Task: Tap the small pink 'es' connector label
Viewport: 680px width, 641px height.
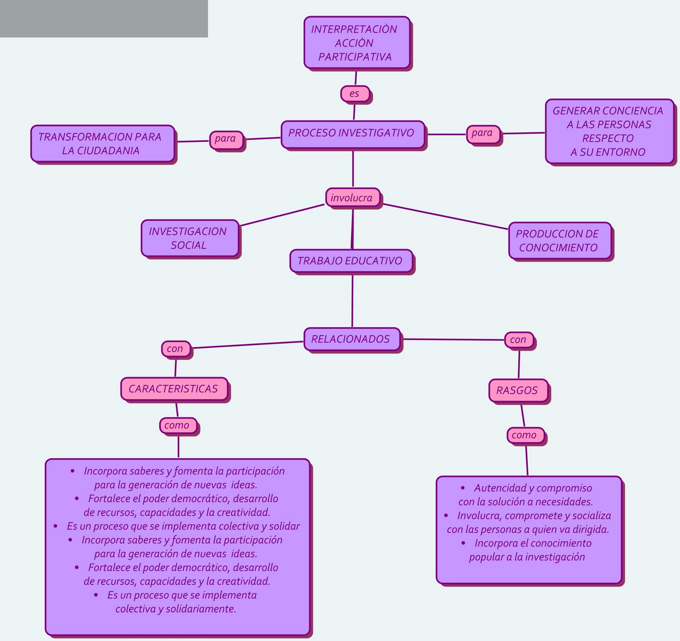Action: point(355,94)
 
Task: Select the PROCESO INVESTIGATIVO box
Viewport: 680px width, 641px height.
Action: point(352,134)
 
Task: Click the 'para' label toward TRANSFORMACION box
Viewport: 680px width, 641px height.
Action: point(226,139)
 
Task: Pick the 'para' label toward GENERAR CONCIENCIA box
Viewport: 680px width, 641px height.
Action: point(483,133)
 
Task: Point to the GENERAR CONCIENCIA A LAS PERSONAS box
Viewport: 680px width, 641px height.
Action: point(609,131)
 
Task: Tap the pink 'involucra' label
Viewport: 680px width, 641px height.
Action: point(352,198)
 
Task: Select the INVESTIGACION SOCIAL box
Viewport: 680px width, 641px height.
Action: point(190,238)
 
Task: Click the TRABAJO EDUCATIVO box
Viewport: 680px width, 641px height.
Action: point(351,261)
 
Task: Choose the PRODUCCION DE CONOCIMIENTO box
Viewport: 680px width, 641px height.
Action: point(559,240)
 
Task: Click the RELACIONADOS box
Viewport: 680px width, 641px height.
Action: point(351,339)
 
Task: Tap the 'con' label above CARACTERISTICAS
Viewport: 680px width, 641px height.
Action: point(175,349)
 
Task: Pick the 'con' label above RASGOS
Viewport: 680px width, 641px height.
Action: point(518,340)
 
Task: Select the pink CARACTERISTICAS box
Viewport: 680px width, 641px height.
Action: point(174,389)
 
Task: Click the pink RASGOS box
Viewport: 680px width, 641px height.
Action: point(518,390)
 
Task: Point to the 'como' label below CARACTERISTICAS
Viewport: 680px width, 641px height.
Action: point(178,425)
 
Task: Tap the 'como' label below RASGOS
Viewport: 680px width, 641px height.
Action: point(525,435)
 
